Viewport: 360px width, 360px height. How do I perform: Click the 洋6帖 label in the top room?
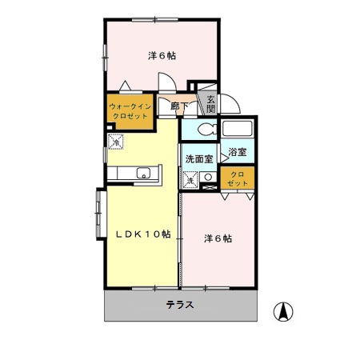[162, 56]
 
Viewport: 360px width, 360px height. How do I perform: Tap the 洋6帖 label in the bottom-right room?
[218, 238]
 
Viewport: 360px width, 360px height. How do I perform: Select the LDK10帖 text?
[141, 234]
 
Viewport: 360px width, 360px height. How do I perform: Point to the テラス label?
[181, 305]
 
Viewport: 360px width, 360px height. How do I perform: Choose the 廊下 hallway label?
[179, 106]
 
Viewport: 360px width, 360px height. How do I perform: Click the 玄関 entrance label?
[210, 104]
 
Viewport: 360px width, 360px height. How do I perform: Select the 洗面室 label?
[198, 158]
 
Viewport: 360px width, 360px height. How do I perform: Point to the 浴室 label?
[237, 151]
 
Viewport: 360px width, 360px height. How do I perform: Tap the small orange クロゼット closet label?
[238, 178]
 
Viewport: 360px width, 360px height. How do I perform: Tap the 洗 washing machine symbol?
[191, 181]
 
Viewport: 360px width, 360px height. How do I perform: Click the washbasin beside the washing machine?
[208, 182]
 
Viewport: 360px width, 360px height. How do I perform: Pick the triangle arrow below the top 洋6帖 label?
[126, 84]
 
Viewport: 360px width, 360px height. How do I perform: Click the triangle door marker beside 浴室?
[224, 159]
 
